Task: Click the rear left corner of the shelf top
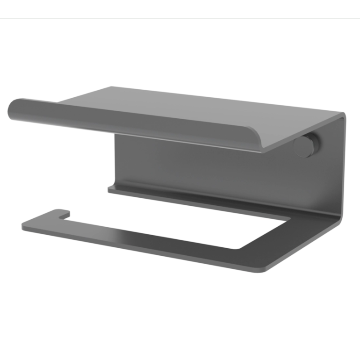(112, 87)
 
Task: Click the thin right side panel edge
(345, 168)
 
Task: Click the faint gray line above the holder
(180, 18)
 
